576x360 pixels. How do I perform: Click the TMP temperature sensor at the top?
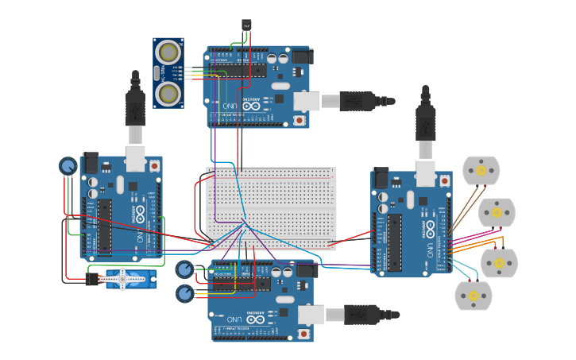tap(246, 25)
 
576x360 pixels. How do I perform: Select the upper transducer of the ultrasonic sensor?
tap(168, 52)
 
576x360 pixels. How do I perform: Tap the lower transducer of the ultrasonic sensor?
tap(168, 93)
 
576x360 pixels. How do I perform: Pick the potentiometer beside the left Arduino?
tap(68, 166)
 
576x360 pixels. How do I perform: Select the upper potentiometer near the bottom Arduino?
tap(184, 269)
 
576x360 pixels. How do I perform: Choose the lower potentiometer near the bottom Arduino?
tap(184, 294)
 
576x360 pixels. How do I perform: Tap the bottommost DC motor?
tap(473, 295)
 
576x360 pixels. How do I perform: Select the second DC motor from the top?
tap(497, 212)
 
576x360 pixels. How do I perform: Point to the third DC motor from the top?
tap(498, 262)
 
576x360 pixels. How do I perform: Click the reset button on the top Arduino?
tap(300, 120)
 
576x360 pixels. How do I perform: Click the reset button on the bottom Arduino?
tap(303, 335)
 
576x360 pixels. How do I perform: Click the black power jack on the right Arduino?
tap(381, 178)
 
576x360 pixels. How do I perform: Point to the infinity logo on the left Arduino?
tap(139, 214)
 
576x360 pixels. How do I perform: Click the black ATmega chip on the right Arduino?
tap(394, 242)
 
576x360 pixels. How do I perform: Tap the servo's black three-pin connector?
tap(93, 279)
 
